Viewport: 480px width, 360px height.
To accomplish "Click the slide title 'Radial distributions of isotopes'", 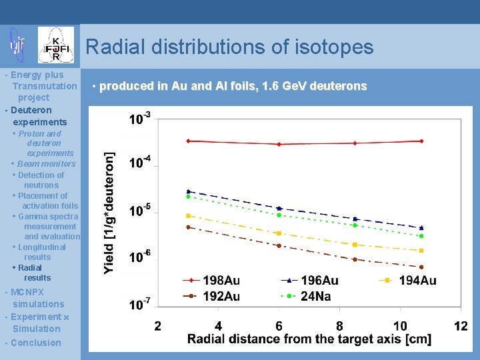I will (x=229, y=47).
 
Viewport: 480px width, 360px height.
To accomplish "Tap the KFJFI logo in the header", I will (x=56, y=45).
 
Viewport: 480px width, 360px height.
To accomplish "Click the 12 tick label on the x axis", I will (x=461, y=326).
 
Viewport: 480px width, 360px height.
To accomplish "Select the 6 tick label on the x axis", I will (x=279, y=326).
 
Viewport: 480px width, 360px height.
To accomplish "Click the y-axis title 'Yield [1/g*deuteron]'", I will (x=109, y=213).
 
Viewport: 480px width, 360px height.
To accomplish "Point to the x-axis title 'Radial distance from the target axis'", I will (x=309, y=340).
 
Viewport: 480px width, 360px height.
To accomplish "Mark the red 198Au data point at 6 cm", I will (x=279, y=144).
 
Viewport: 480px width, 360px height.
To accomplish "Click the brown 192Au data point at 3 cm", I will (x=189, y=227).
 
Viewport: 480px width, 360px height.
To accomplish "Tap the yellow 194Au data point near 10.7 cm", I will (x=421, y=251).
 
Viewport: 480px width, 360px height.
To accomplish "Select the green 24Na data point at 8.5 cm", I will (x=355, y=225).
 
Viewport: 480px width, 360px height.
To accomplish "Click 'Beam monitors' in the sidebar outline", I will (x=46, y=163).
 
